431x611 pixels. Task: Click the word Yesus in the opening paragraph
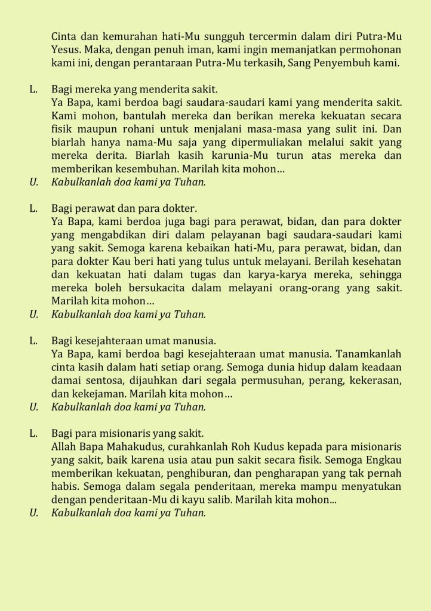[x=65, y=50]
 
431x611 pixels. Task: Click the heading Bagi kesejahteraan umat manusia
[x=133, y=341]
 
